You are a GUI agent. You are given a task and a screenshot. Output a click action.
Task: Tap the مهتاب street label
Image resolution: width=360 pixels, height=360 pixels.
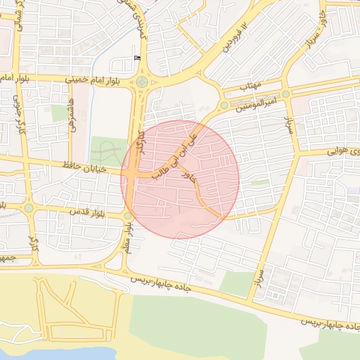250,86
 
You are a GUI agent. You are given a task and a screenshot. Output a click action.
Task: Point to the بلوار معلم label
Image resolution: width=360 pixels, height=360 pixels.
129,236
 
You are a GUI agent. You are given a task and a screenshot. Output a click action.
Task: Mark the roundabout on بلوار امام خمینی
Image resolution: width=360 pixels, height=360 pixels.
142,82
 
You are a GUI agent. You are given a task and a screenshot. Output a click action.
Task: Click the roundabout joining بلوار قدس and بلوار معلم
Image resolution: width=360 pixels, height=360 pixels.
127,215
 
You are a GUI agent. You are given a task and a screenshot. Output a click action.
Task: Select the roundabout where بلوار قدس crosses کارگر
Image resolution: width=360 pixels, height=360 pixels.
29,207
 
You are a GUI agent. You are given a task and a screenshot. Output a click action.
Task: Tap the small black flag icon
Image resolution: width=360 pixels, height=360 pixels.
136,58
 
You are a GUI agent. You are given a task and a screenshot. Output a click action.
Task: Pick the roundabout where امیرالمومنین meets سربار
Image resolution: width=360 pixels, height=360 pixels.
285,94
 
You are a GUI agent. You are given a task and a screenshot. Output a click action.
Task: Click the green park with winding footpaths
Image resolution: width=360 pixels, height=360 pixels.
107,150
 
